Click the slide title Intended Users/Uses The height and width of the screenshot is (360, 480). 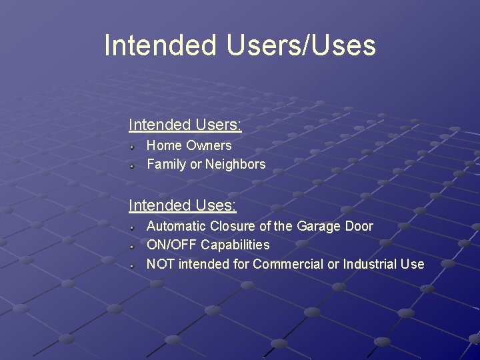click(240, 46)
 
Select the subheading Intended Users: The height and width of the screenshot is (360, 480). click(185, 125)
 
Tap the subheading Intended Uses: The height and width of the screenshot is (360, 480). click(182, 205)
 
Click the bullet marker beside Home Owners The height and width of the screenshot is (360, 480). click(133, 145)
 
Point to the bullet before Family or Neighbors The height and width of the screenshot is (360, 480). click(133, 164)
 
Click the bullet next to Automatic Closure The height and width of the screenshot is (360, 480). click(133, 227)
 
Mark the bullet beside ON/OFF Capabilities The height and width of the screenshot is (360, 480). click(133, 245)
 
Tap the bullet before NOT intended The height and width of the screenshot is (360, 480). click(133, 264)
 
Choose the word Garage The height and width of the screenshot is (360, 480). click(318, 226)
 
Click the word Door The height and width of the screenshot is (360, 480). click(359, 226)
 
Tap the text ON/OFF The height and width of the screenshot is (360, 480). click(171, 245)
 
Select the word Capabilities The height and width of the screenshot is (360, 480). click(235, 245)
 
